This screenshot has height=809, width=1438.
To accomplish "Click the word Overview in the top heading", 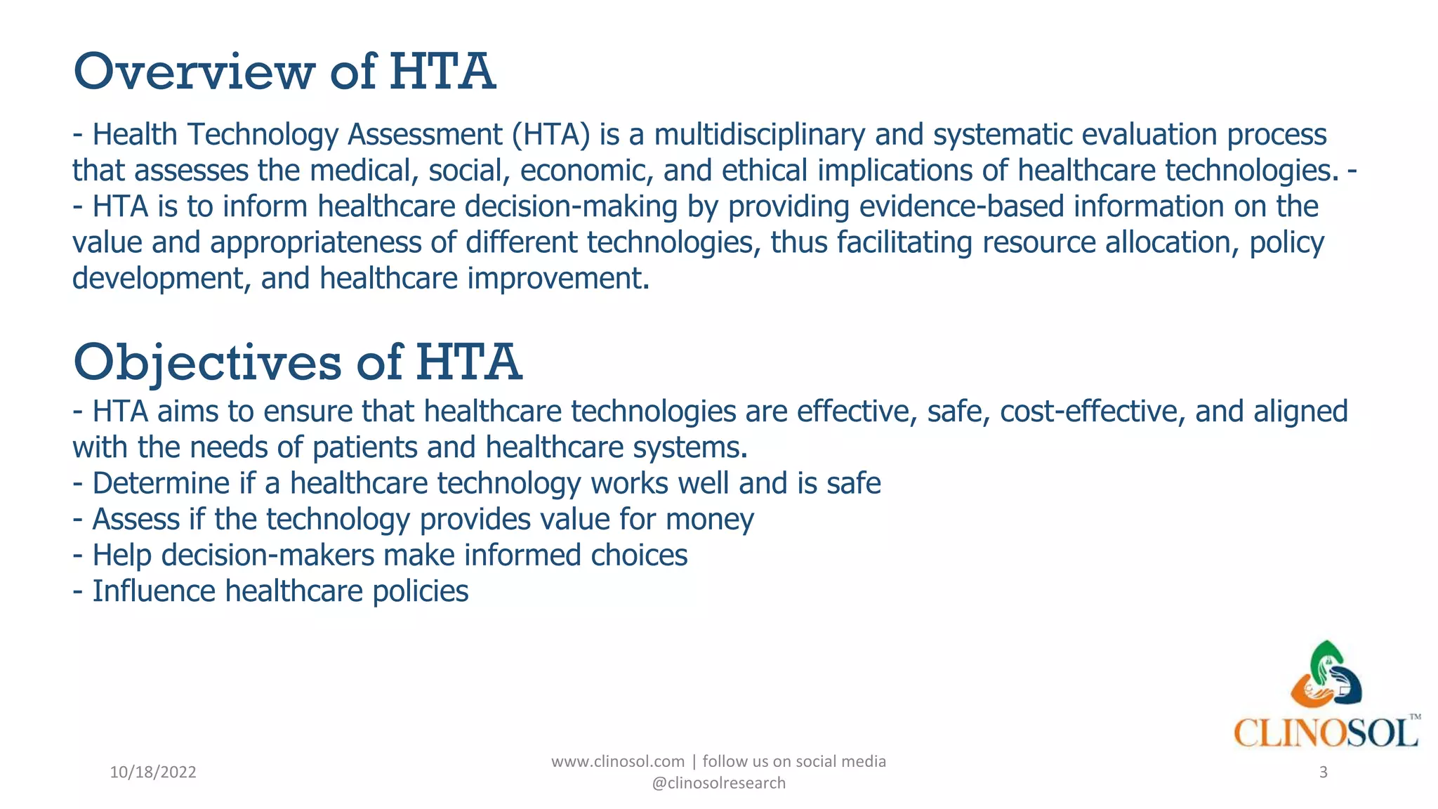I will tap(194, 72).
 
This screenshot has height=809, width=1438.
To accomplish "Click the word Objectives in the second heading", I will tap(207, 362).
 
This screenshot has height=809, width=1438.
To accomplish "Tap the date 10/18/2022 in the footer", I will tap(153, 772).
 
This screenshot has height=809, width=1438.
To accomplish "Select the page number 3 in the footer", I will tap(1324, 772).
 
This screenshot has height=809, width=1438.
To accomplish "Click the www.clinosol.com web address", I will tap(617, 762).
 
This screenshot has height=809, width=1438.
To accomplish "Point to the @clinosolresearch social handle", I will tap(718, 783).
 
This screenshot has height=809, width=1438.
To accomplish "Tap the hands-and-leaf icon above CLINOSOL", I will tap(1326, 674).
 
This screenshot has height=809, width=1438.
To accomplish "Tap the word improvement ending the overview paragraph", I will tap(558, 279).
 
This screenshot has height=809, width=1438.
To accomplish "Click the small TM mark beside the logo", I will tap(1415, 717).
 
